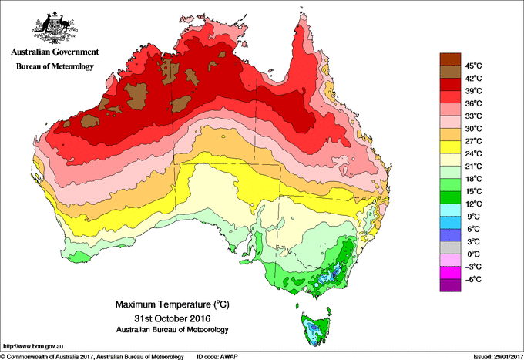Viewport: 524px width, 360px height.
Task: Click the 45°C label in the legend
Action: pos(472,66)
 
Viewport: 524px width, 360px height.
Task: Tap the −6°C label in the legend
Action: pos(472,279)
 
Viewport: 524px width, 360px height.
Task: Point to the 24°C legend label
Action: pos(472,153)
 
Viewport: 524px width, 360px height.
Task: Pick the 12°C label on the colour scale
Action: pos(472,204)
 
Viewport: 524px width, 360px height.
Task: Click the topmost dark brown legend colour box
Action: pos(449,59)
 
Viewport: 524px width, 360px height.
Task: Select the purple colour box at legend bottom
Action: pos(449,285)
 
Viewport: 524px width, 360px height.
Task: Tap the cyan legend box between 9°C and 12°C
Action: pos(449,210)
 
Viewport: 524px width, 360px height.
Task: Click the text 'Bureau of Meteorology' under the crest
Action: pos(54,66)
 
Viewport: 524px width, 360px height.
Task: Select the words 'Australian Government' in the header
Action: pos(54,52)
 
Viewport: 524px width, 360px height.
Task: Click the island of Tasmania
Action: pos(316,327)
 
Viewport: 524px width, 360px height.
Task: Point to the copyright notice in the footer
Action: pos(92,355)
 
